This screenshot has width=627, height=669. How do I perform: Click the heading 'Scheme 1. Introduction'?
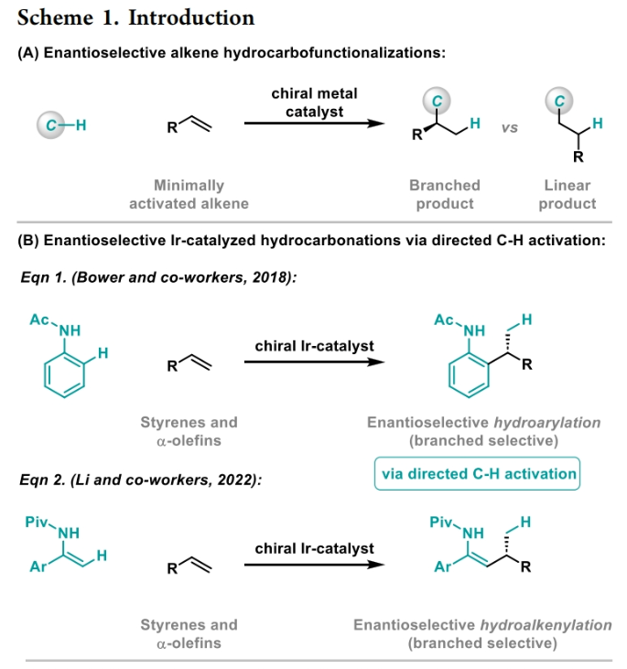pyautogui.click(x=135, y=17)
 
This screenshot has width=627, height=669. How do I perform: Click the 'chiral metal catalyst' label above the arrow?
pyautogui.click(x=314, y=103)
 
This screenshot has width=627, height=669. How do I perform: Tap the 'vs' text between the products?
pyautogui.click(x=509, y=128)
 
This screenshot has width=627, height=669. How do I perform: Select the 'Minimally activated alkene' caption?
pyautogui.click(x=189, y=194)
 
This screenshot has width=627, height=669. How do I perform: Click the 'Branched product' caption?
pyautogui.click(x=444, y=194)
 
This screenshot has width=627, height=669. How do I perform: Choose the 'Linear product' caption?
pyautogui.click(x=567, y=194)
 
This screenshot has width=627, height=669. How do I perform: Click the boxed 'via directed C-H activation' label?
pyautogui.click(x=479, y=474)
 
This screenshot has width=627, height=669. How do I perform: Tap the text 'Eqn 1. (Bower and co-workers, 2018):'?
pyautogui.click(x=157, y=276)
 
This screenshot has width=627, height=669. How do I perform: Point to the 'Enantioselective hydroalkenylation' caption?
pyautogui.click(x=482, y=625)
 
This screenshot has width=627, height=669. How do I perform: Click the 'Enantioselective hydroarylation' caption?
pyautogui.click(x=483, y=423)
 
